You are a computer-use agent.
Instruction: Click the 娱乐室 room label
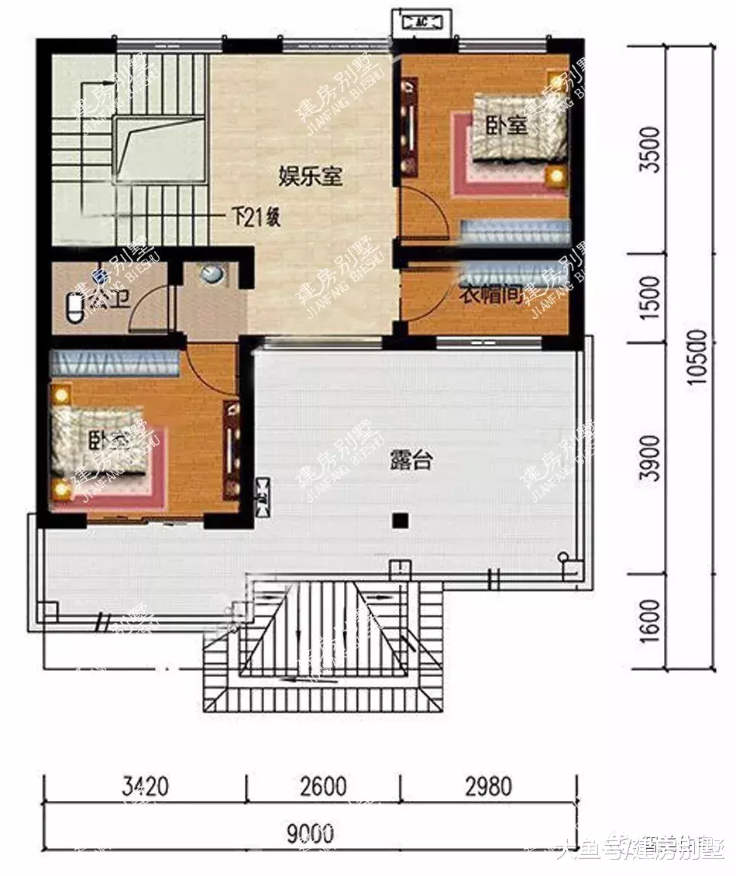click(x=311, y=177)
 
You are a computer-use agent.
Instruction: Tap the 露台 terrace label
click(x=410, y=462)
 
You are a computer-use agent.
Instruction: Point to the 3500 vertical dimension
click(x=653, y=150)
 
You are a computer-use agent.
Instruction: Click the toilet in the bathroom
click(x=74, y=308)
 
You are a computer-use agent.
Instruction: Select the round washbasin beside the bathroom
click(x=210, y=274)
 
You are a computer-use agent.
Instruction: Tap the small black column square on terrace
click(x=399, y=520)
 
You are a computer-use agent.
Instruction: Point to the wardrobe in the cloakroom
click(x=515, y=274)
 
